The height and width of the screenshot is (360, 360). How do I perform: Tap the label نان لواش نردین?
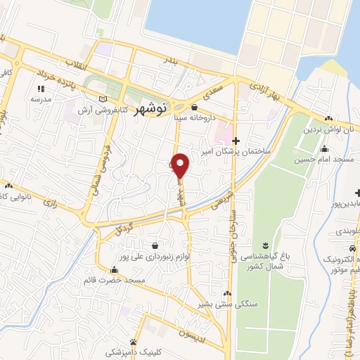327,130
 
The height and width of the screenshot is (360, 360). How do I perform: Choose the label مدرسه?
41,100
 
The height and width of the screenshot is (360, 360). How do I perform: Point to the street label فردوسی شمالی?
96,169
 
